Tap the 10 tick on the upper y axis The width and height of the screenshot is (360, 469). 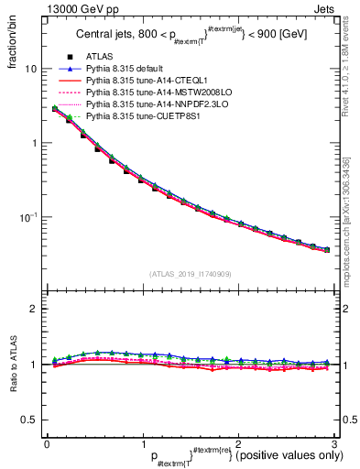coord(32,70)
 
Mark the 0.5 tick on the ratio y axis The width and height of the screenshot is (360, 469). coord(30,420)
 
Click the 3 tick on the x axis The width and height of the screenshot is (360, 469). coord(334,444)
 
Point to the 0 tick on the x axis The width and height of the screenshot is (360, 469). coord(47,444)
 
